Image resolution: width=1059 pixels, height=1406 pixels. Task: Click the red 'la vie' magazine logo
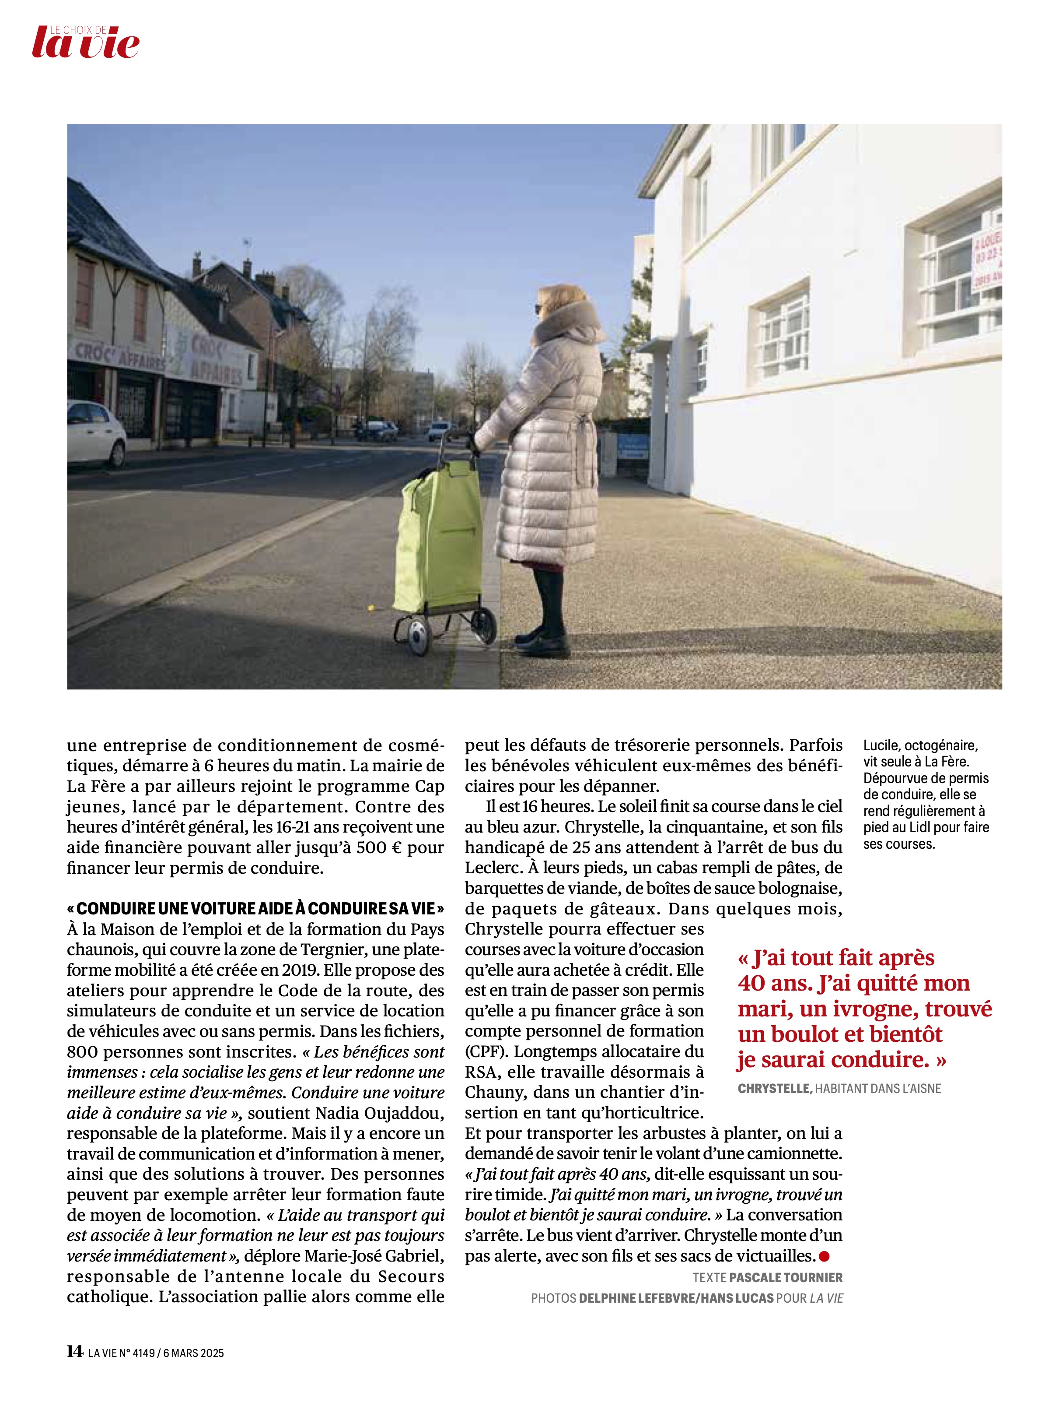(x=86, y=43)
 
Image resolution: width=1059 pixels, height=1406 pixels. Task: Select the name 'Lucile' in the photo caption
(x=881, y=745)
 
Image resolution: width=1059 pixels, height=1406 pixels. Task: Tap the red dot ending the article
(x=825, y=1255)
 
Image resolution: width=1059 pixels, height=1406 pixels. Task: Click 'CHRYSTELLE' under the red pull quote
(x=774, y=1089)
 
